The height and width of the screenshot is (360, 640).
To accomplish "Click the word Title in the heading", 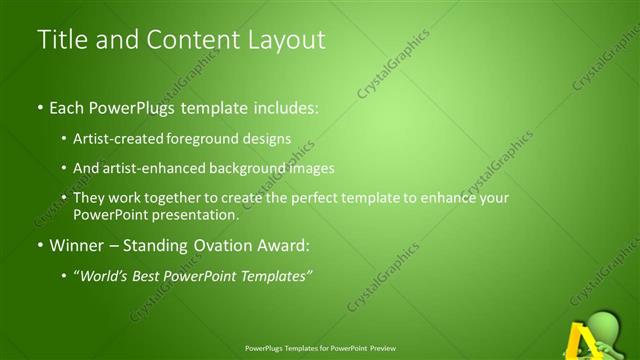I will coord(62,40).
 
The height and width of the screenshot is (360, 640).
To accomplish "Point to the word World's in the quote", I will coord(104,275).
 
